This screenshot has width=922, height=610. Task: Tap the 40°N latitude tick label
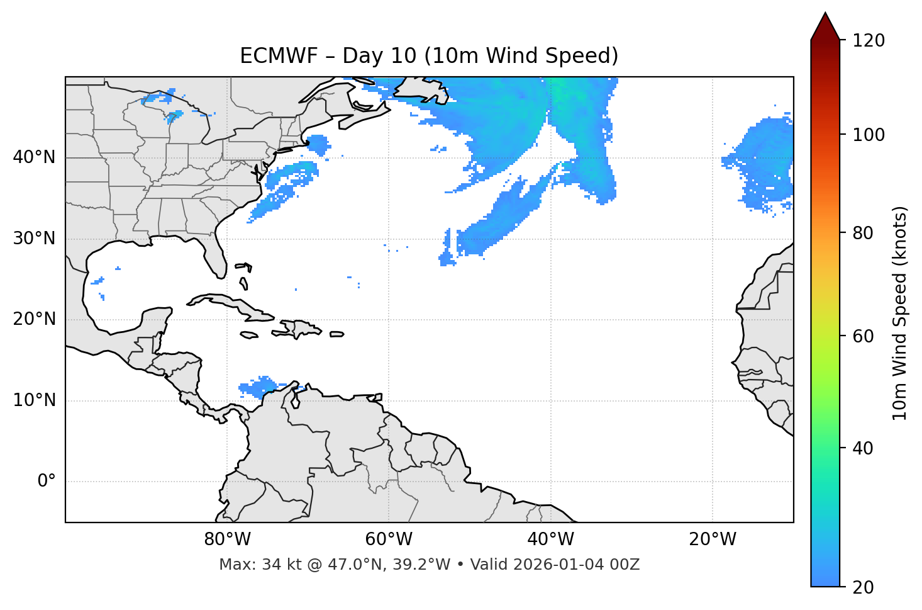[x=34, y=157]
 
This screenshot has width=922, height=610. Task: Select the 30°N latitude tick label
[x=34, y=239]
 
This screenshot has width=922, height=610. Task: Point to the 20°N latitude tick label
[x=34, y=319]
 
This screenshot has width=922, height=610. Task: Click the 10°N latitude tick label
[x=34, y=400]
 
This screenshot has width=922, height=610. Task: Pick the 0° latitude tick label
[x=46, y=482]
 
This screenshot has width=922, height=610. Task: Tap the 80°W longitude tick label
[x=227, y=539]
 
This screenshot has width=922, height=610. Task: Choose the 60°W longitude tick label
[x=389, y=539]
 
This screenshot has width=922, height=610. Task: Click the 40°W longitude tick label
[x=550, y=539]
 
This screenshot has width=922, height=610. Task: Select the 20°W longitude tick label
[x=712, y=539]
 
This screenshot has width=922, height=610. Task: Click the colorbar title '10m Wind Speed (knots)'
[x=900, y=313]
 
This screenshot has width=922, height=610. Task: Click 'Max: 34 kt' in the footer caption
[x=247, y=565]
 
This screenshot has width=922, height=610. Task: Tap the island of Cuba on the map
[x=226, y=303]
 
